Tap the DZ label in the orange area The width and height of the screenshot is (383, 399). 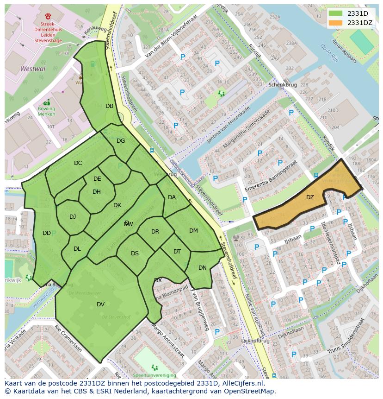click(x=310, y=197)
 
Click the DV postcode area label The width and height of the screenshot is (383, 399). click(x=100, y=304)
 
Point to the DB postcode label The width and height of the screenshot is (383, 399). click(x=109, y=106)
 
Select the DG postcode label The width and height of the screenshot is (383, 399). click(x=120, y=141)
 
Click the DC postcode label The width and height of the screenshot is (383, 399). click(x=78, y=163)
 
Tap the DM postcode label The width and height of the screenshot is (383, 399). click(x=193, y=231)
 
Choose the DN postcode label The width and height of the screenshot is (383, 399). click(x=202, y=268)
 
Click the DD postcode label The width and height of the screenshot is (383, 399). click(x=46, y=233)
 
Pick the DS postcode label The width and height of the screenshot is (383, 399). click(x=135, y=253)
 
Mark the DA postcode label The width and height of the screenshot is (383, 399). click(x=172, y=197)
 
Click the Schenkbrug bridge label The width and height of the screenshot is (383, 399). click(x=282, y=85)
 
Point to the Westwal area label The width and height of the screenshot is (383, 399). click(x=33, y=69)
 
